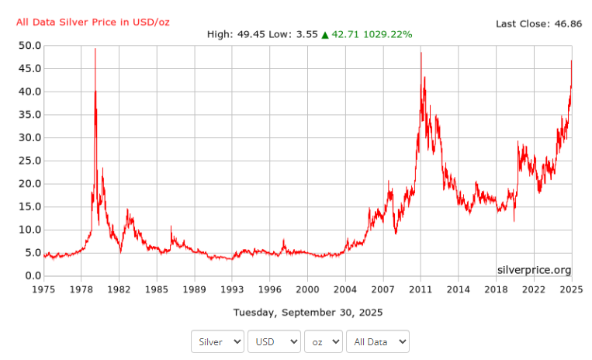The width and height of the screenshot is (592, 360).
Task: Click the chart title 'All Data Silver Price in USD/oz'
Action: [92, 22]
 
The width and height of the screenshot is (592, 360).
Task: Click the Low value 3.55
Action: [306, 35]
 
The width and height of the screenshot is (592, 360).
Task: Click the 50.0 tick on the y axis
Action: [29, 46]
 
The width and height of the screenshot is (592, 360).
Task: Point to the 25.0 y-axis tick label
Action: [29, 161]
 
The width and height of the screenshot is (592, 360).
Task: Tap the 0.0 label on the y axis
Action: [32, 275]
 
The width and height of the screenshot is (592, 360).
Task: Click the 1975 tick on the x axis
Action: [43, 289]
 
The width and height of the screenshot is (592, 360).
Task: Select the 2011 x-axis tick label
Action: [421, 289]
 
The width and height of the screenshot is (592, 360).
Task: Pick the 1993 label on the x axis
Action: [232, 289]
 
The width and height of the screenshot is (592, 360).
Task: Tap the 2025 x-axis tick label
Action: [572, 289]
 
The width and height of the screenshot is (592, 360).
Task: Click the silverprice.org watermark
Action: [534, 270]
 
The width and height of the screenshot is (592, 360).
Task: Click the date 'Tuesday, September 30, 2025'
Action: [308, 312]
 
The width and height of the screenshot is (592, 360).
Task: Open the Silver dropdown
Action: [217, 341]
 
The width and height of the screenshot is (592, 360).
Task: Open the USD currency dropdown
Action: [274, 341]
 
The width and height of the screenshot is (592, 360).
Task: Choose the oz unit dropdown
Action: [324, 341]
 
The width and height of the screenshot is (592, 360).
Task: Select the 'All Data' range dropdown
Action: [378, 341]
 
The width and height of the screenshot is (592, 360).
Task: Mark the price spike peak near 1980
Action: [95, 49]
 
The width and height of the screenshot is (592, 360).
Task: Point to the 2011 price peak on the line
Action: [421, 52]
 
